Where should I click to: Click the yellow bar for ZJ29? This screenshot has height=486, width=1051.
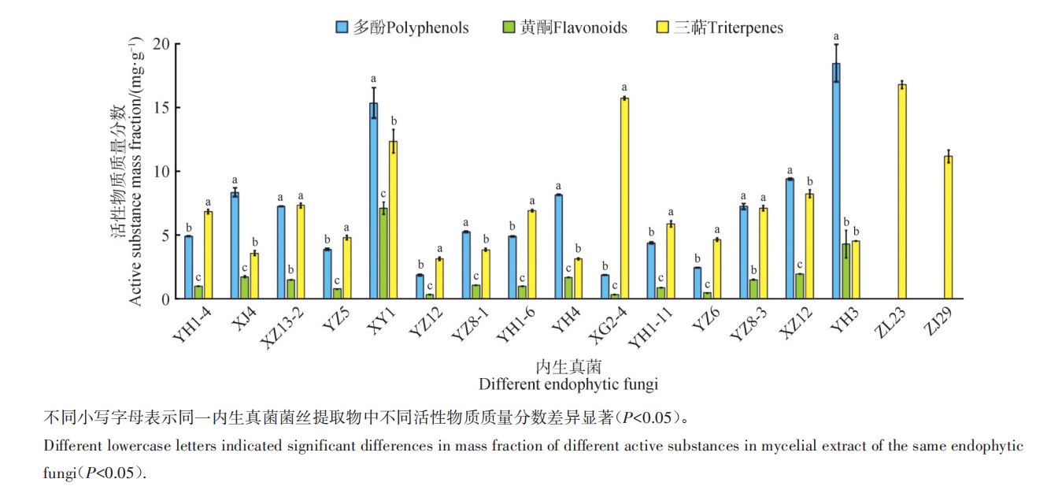[949, 228]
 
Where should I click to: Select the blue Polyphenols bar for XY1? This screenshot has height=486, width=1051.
[373, 201]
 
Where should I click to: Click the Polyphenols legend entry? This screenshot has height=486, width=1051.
[402, 28]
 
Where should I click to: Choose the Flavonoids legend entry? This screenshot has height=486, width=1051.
[564, 28]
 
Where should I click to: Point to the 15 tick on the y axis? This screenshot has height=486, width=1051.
[161, 108]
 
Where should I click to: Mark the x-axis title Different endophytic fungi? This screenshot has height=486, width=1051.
[568, 384]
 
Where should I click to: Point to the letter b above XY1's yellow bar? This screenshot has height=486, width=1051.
[394, 121]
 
